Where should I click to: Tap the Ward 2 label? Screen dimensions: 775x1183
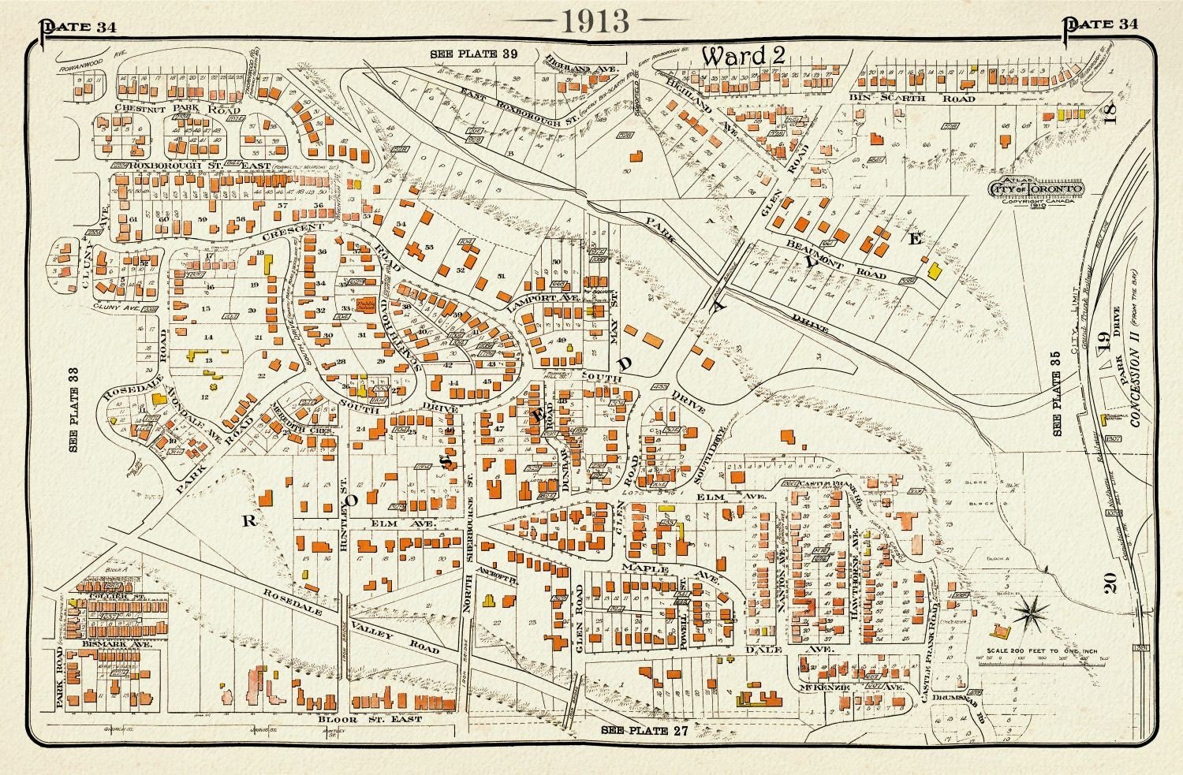click(x=734, y=56)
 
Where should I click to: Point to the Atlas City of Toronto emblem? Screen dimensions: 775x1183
click(x=1036, y=188)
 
